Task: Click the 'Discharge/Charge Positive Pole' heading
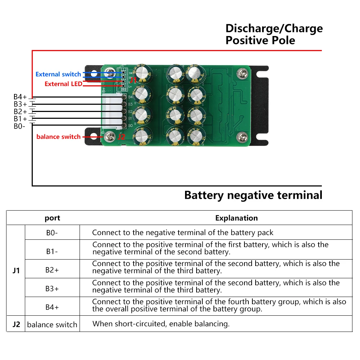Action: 274,34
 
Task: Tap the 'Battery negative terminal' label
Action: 253,195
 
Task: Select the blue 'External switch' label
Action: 58,75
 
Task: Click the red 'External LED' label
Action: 63,84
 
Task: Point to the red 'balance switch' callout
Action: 58,137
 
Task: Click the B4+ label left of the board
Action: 20,97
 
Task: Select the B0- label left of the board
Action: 19,126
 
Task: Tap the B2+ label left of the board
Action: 20,112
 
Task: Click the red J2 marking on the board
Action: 122,137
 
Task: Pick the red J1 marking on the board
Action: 133,80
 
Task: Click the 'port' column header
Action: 52,218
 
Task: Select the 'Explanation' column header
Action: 237,218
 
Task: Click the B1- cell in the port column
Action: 52,251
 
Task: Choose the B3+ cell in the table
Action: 52,288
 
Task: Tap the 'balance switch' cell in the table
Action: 52,324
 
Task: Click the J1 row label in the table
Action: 16,270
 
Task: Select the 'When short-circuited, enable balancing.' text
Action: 161,324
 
